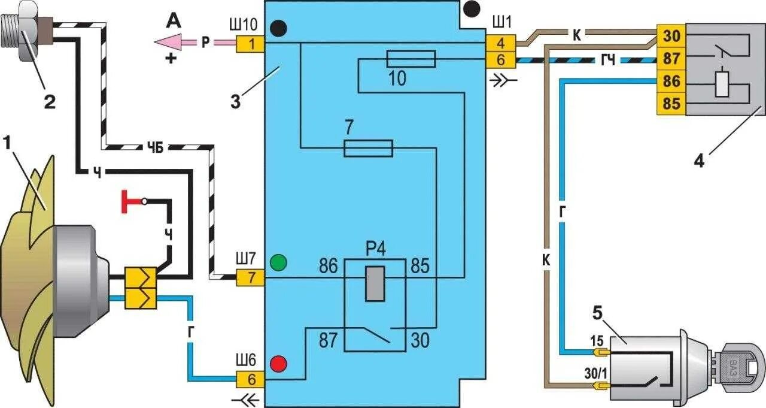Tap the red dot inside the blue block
pyautogui.click(x=278, y=364)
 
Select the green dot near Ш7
pyautogui.click(x=278, y=262)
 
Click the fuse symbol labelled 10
pyautogui.click(x=411, y=58)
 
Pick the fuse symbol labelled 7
pyautogui.click(x=368, y=147)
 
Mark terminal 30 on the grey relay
pyautogui.click(x=671, y=35)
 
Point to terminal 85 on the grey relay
pyautogui.click(x=671, y=104)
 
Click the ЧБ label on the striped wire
pyautogui.click(x=155, y=149)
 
